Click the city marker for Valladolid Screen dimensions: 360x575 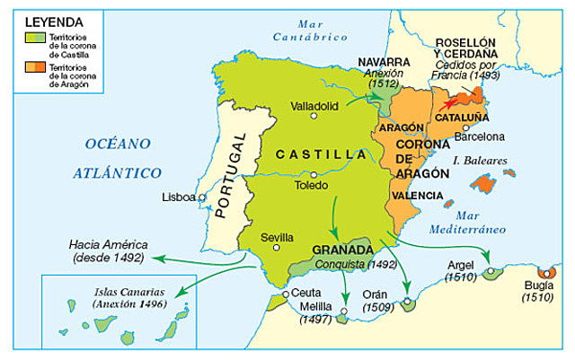(x=314, y=115)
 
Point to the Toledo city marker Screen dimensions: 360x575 (x=314, y=174)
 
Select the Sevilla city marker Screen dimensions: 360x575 (x=278, y=248)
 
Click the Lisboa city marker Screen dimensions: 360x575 (x=202, y=198)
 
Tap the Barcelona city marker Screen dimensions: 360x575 (x=465, y=127)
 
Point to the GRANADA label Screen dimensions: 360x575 (x=341, y=250)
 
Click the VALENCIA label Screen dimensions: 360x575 (x=417, y=195)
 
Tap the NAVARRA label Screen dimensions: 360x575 (x=384, y=62)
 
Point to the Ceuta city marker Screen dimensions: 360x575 (x=285, y=294)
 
